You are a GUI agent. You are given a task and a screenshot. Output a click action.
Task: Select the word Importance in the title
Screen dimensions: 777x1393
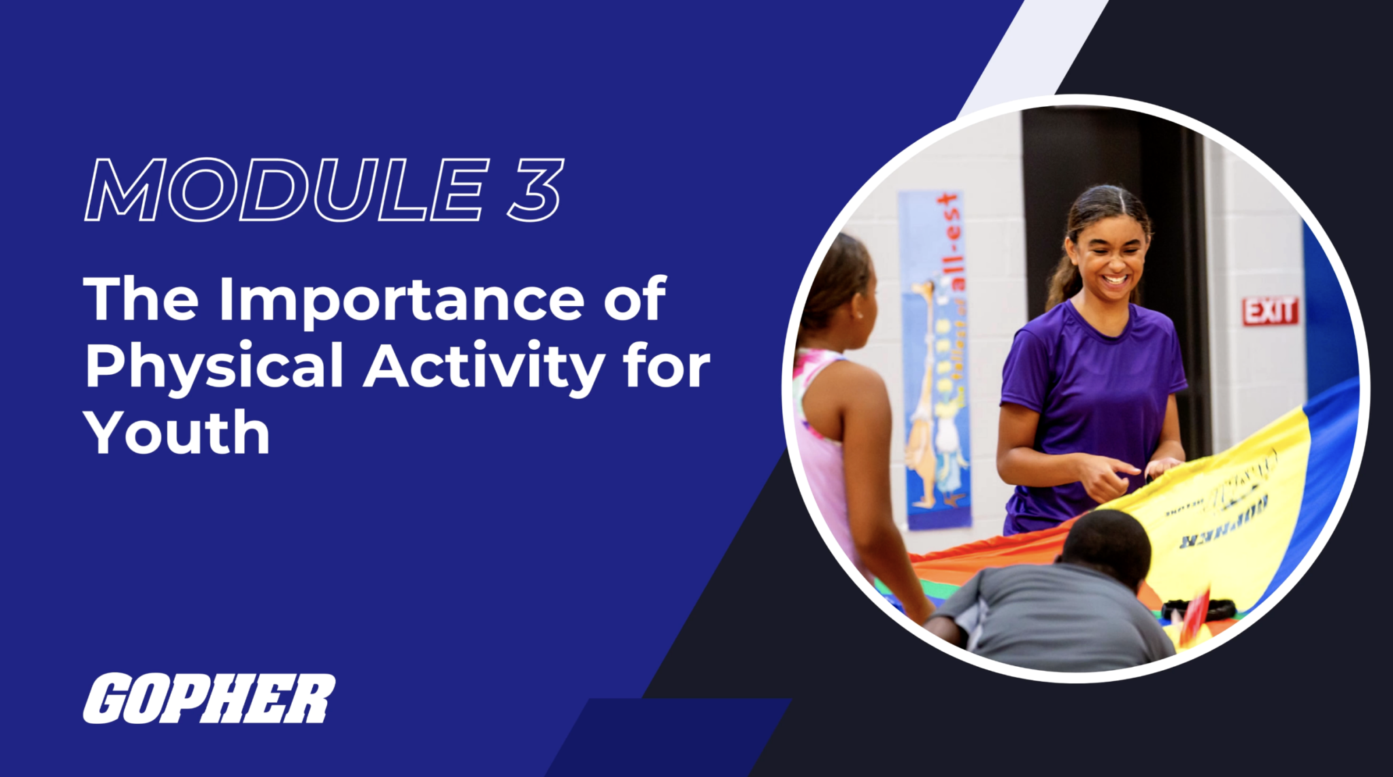coord(401,299)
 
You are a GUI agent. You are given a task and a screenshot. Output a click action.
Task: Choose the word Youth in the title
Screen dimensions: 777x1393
coord(177,433)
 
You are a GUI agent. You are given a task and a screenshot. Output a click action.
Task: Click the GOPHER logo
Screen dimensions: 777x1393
coord(209,699)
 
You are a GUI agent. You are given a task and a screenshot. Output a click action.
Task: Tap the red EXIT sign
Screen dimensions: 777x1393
coord(1270,312)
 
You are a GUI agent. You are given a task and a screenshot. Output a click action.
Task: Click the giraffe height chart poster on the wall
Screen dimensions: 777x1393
coord(937,361)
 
